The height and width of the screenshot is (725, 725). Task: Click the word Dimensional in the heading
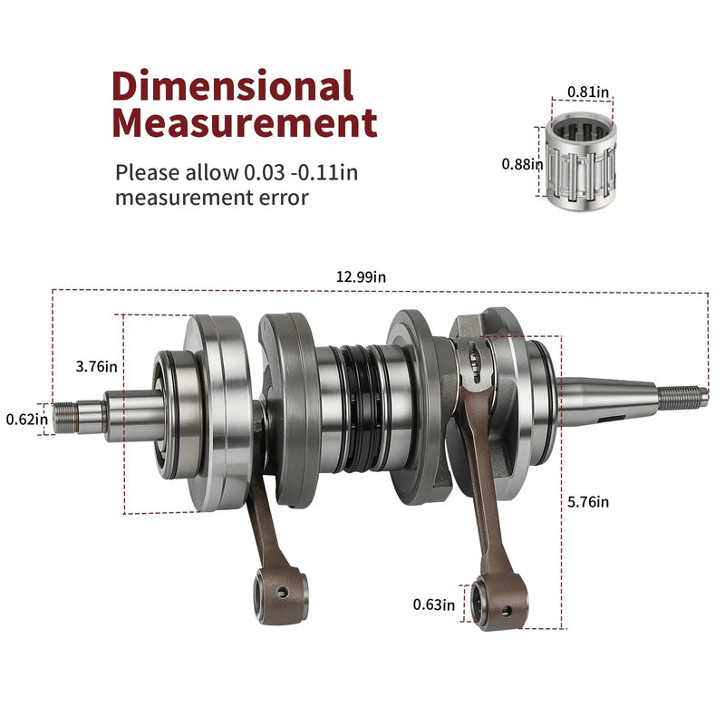coord(233,85)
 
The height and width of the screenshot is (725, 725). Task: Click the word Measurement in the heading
coord(245,122)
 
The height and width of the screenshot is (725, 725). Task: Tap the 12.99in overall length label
coord(361,276)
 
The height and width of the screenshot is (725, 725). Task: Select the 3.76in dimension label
coord(97,367)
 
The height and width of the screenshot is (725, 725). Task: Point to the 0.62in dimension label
coord(27,420)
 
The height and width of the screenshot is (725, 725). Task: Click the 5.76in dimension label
coord(588,502)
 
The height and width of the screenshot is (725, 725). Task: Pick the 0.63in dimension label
coord(434,604)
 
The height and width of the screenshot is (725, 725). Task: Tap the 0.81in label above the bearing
coord(588,92)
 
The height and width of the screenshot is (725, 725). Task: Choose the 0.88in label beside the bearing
coord(523,164)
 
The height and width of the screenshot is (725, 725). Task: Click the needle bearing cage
coord(581,161)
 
